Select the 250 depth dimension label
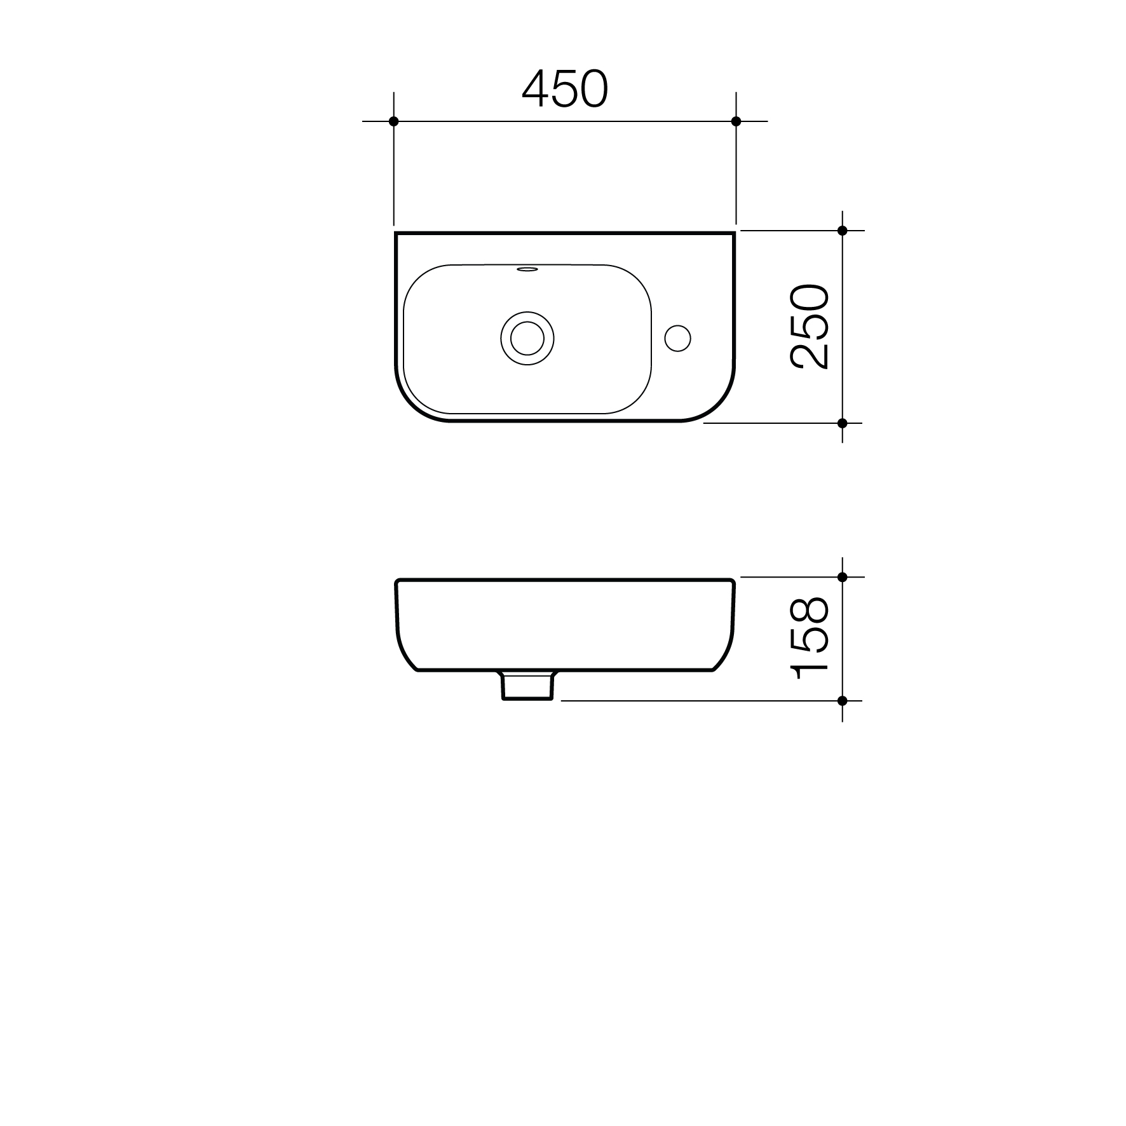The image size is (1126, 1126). [809, 327]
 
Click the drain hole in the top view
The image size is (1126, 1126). [527, 338]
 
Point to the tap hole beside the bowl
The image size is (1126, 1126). [677, 337]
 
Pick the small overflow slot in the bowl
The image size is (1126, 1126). [527, 270]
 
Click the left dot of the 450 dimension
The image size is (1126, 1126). [394, 121]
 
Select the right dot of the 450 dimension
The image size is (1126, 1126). [736, 121]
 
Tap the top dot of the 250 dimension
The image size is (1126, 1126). [843, 231]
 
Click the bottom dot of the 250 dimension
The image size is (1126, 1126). [843, 423]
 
